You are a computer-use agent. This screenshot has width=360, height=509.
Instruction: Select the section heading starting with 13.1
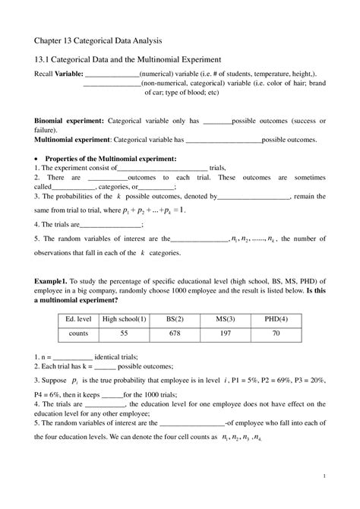coord(127,58)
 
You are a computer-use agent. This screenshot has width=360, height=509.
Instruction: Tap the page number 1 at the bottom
coord(324,476)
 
